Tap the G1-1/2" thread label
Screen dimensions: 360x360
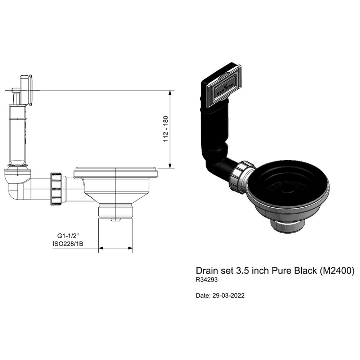68,236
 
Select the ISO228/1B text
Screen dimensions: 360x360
68,244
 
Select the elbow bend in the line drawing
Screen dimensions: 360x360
17,184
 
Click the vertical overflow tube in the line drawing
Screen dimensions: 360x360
17,137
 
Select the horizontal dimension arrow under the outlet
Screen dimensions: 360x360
116,248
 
